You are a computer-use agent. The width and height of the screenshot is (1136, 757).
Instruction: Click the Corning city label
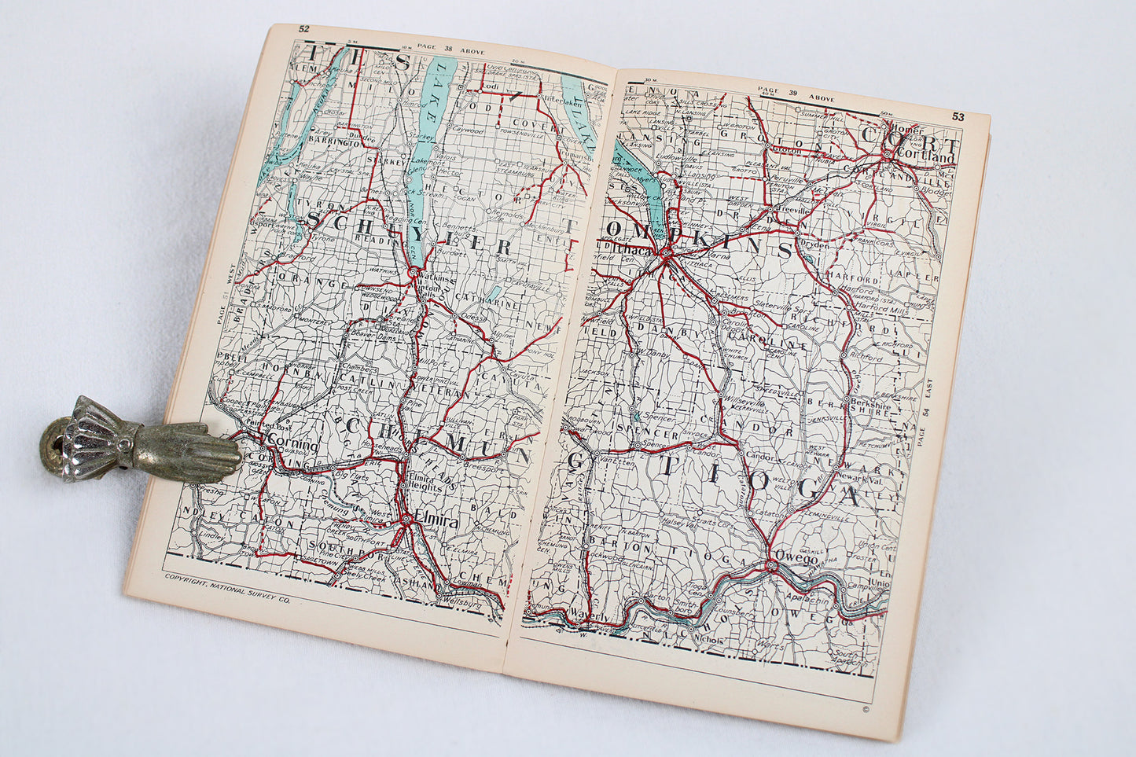292,444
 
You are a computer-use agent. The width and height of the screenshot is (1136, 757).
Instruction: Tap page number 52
303,30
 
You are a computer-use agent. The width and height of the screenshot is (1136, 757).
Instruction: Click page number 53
957,117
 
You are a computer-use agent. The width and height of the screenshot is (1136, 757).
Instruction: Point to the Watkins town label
436,277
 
